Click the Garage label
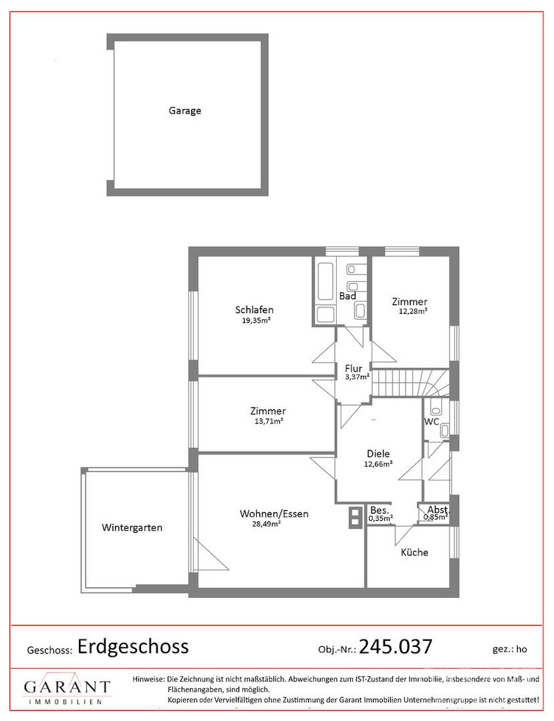(184, 111)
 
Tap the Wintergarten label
(132, 528)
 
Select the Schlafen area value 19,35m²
(256, 321)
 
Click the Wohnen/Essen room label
(274, 513)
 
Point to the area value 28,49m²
(267, 524)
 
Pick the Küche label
(414, 552)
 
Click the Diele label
(378, 453)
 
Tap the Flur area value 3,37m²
(358, 377)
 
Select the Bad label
(348, 296)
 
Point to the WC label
(432, 422)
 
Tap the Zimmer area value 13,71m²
(269, 421)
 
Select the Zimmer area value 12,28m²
(413, 311)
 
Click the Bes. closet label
(380, 510)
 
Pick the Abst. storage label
(438, 509)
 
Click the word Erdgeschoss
(133, 647)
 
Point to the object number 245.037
(396, 646)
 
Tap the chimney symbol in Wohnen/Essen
(356, 517)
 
